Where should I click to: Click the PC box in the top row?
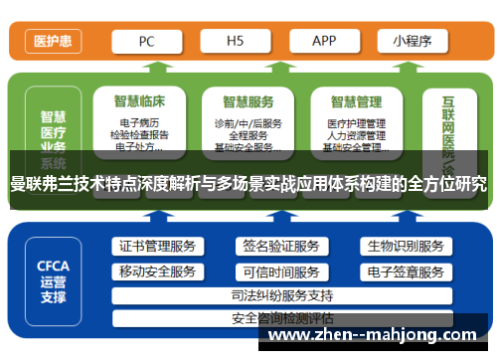[146, 42]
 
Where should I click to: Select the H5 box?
[235, 42]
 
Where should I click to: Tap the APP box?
[324, 42]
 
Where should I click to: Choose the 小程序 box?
[411, 42]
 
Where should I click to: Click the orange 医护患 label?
[50, 42]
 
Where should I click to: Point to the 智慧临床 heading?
[140, 100]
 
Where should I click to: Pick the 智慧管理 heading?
[356, 100]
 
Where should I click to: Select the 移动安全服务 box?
[157, 271]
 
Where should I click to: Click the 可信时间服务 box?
[280, 271]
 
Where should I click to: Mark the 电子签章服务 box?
[404, 271]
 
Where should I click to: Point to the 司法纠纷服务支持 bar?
[280, 295]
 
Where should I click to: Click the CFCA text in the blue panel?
[53, 266]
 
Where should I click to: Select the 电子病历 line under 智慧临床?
[140, 123]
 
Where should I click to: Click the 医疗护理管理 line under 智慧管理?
[356, 123]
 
